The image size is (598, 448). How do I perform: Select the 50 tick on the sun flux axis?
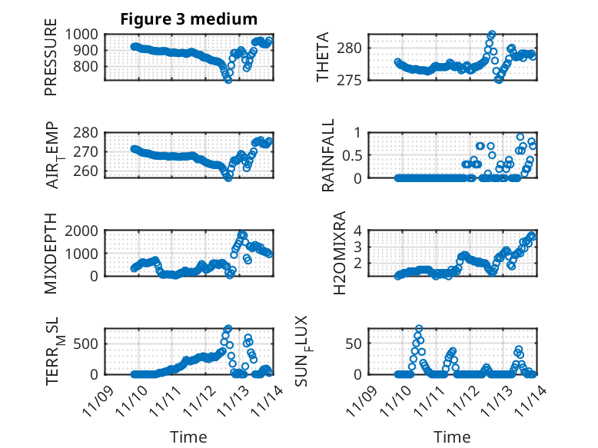(353, 343)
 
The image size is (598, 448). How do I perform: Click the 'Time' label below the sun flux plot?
(452, 437)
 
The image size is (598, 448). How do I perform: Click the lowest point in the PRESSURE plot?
(228, 79)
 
